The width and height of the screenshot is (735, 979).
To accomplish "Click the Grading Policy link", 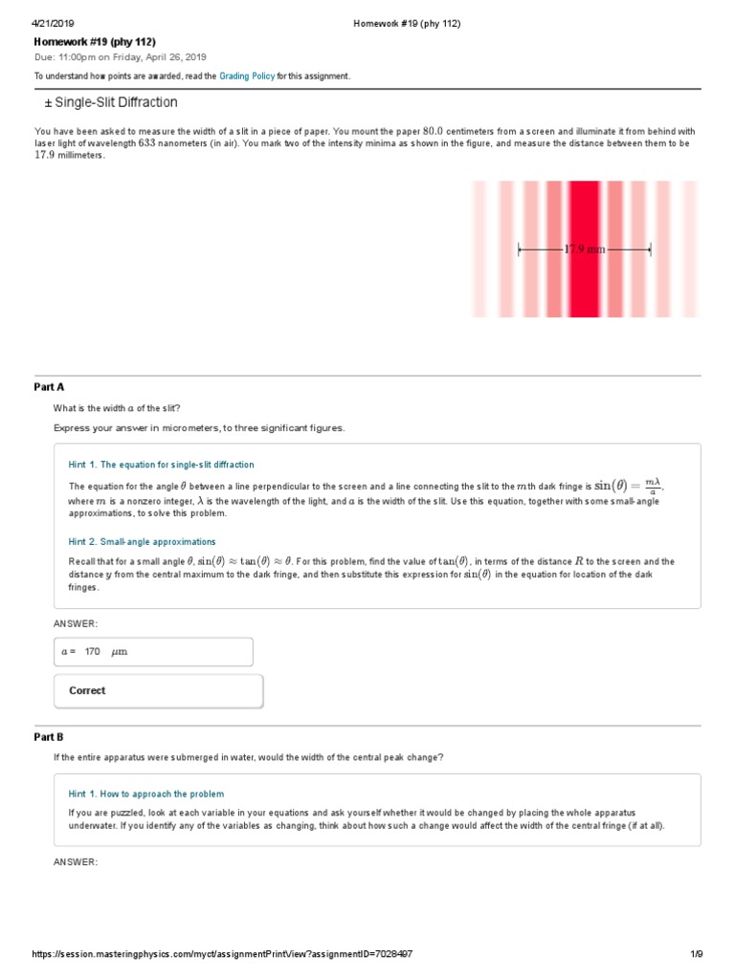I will [x=247, y=76].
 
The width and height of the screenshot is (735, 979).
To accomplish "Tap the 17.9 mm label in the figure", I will [x=584, y=250].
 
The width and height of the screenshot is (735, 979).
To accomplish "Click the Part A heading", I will [x=49, y=387].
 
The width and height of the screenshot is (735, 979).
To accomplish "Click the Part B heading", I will [x=49, y=737].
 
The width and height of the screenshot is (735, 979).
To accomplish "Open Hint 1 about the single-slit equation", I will [x=161, y=465].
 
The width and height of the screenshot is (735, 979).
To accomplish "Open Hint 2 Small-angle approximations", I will [x=142, y=541].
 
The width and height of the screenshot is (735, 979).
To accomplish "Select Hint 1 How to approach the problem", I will [x=145, y=794].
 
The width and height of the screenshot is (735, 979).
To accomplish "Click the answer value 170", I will [x=92, y=652].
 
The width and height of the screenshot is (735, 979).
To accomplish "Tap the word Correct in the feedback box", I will [x=87, y=690].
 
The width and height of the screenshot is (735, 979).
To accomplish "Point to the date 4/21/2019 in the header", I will [x=54, y=23].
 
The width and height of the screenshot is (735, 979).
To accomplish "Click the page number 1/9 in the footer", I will [x=696, y=955].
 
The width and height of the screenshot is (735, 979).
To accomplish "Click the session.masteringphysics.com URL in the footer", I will [x=222, y=955].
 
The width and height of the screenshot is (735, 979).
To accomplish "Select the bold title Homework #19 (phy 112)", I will [x=95, y=42].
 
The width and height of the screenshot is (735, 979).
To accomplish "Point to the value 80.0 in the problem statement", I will [x=434, y=131].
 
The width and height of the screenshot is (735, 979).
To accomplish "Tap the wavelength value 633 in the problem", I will [x=146, y=143].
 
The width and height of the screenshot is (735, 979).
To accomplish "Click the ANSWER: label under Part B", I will [x=76, y=862].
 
